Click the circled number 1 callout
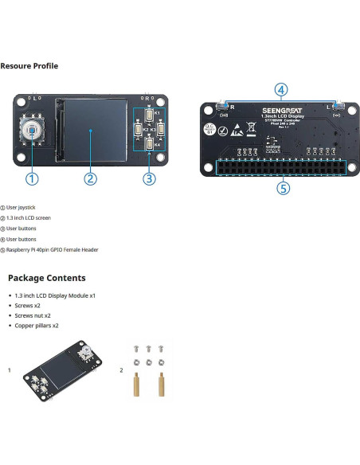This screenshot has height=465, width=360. (32, 178)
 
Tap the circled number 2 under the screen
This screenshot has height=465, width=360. (91, 178)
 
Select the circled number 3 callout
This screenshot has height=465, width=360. (149, 178)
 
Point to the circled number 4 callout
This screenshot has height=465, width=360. (281, 90)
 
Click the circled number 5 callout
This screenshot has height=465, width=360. (281, 188)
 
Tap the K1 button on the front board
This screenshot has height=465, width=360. (149, 115)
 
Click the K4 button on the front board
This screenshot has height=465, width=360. (149, 144)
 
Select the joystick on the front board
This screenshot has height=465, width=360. (31, 131)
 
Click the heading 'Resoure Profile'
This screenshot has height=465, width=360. (29, 65)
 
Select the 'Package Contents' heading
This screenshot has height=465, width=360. (46, 278)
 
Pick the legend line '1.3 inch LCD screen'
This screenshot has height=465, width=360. (29, 217)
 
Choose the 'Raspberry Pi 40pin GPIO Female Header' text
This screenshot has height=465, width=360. (52, 249)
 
